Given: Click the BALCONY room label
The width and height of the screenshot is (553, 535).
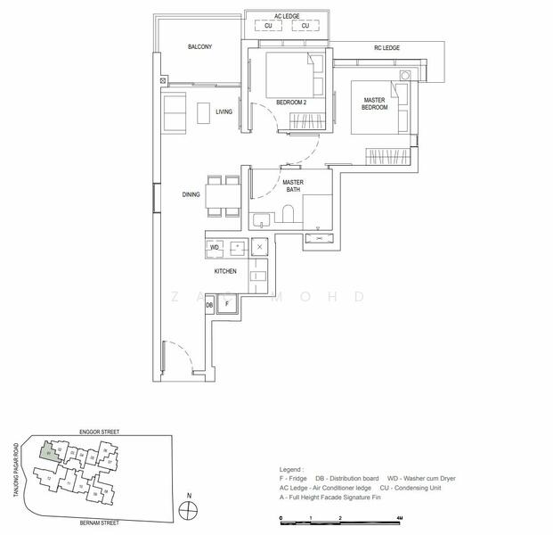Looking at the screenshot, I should pos(199,47).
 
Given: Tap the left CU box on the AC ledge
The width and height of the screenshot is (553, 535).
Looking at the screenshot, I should pos(268,26).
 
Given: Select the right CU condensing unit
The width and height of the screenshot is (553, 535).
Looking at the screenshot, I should pos(305,26).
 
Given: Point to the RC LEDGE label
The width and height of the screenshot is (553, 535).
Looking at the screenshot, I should pos(386,47).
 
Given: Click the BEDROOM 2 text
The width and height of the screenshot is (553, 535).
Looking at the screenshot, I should pos(291,103).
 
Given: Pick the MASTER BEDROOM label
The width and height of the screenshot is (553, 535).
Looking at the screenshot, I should pos(374,103).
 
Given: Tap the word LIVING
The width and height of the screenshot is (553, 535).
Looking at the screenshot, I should pos(224,111).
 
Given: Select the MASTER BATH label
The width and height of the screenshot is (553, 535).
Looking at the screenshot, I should pos(293,186).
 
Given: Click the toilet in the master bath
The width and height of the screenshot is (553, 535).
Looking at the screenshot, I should pos(287,214).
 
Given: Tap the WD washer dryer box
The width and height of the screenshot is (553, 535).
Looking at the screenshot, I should pos(215,247).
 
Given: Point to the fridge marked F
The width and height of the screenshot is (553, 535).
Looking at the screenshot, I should pos(227,304).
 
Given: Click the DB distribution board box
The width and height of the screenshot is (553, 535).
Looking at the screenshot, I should pos(209,305).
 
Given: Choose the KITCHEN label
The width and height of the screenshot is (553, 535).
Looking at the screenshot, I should pos(224,270).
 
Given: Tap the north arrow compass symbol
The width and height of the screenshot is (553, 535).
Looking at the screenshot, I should pos(187,510).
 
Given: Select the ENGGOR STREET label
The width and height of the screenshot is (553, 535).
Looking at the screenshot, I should pos(99,431).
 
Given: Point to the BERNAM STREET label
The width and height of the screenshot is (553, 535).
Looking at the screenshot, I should pos(99,523).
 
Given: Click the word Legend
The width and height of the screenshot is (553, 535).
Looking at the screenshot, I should pos(291,469).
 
